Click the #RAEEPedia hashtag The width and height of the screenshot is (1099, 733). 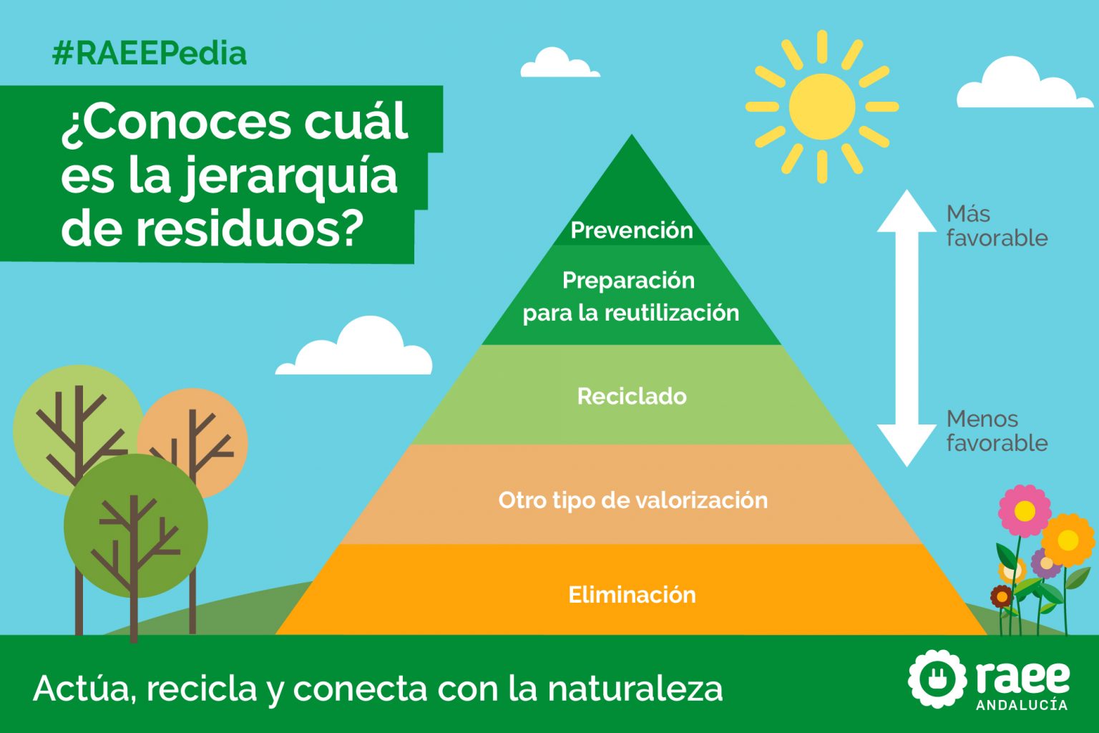150,54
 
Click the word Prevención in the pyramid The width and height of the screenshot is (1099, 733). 632,230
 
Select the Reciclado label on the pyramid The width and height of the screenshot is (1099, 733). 632,397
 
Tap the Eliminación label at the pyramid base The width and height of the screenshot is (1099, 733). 632,595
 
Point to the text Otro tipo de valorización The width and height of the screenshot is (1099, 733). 632,500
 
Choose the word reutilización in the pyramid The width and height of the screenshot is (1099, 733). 672,313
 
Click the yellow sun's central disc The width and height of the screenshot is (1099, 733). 822,107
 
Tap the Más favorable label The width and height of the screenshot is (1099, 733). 996,225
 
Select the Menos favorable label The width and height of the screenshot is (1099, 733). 996,431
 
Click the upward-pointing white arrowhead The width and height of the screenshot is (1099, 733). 907,212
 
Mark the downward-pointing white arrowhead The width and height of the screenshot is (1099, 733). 907,445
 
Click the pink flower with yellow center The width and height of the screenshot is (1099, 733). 1024,511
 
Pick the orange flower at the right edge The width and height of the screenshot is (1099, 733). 1068,540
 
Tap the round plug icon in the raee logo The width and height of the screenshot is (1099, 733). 935,678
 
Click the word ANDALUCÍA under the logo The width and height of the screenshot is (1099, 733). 1021,705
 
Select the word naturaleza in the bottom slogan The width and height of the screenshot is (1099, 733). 635,689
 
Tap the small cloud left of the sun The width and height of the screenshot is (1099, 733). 558,64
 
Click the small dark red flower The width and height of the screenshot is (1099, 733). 1002,596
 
